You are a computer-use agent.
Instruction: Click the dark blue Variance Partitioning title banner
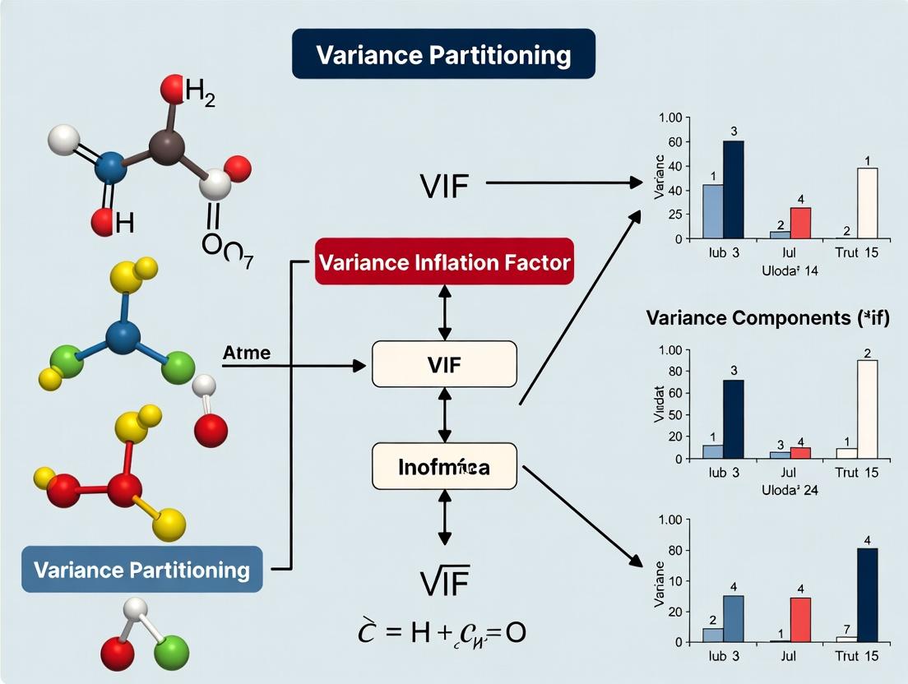tap(443, 54)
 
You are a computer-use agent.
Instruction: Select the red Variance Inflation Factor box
tap(444, 262)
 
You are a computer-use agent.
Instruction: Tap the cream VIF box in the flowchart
tap(444, 364)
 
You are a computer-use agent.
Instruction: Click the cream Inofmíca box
tap(444, 467)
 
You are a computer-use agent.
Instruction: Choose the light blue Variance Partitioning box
tap(142, 569)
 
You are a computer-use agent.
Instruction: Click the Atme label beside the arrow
tap(246, 353)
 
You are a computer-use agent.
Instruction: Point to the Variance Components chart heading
tap(768, 317)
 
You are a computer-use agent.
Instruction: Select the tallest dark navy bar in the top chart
tap(733, 189)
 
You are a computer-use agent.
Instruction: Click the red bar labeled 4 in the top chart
tap(800, 223)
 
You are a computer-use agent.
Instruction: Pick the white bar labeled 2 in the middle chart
tap(867, 409)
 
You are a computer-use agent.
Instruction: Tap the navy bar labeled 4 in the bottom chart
tap(867, 594)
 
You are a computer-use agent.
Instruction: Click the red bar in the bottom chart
tap(800, 619)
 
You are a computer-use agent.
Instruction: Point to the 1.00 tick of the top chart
tap(671, 118)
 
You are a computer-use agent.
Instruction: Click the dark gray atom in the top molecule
tap(166, 148)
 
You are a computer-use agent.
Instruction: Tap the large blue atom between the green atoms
tap(123, 336)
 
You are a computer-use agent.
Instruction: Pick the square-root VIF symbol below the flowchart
tap(444, 583)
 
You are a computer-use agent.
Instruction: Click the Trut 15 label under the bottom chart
tap(856, 656)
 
